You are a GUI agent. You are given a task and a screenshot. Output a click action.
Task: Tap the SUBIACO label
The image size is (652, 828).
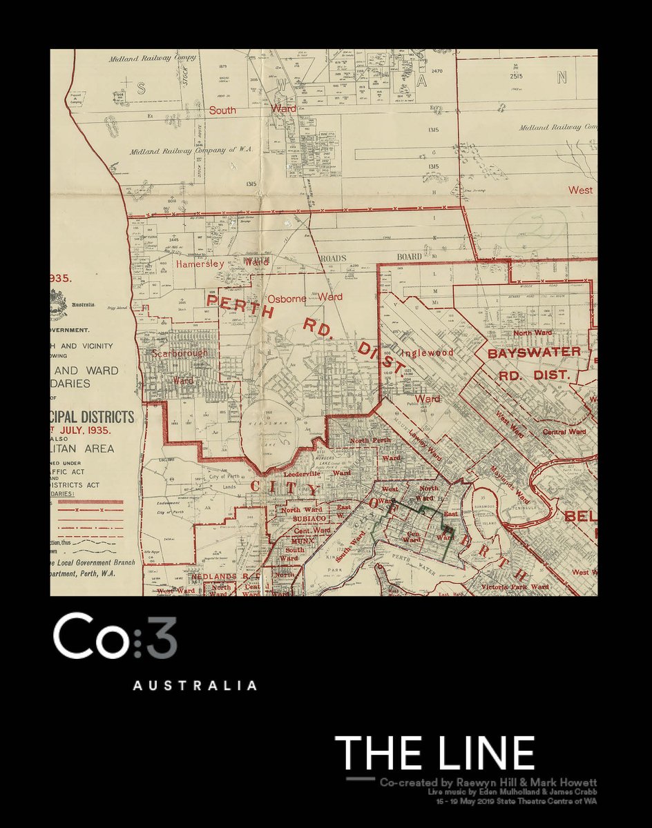[298, 519]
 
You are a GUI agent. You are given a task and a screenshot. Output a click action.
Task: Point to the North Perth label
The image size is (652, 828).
[370, 440]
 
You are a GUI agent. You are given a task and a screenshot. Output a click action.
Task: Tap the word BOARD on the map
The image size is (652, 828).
[409, 257]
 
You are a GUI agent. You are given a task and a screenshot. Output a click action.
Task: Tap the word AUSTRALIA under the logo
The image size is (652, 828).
[194, 686]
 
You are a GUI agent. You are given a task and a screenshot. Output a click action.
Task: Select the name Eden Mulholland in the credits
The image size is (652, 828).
[500, 792]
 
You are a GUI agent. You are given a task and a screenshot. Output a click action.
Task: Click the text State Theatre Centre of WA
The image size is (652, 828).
[546, 801]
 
